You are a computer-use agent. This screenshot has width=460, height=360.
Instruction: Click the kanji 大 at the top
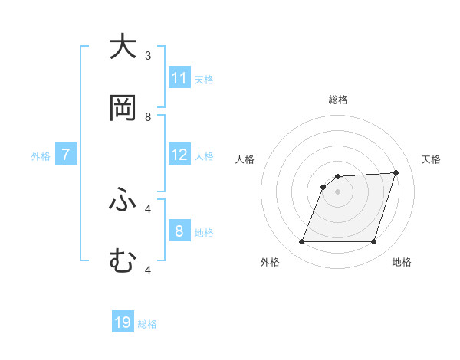pos(123,47)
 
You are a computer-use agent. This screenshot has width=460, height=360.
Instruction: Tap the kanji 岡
pos(123,108)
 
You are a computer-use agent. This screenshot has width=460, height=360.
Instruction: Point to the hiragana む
pos(123,261)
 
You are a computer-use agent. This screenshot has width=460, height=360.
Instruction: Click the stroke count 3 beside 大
pos(148,56)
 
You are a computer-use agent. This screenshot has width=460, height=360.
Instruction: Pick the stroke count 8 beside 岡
pos(148,117)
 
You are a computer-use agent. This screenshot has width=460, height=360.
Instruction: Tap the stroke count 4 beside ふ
pos(148,208)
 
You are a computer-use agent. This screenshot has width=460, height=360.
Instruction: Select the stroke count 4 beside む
pos(148,270)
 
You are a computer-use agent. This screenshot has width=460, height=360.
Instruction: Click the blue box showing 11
pos(179,78)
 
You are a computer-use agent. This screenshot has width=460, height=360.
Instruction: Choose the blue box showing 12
pos(179,155)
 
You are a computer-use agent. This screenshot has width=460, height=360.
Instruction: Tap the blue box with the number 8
pos(179,231)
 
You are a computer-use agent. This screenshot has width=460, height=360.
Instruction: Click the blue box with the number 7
pos(66,155)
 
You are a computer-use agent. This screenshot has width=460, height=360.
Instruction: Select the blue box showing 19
pos(123,322)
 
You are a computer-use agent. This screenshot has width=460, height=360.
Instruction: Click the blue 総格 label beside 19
pos(147,324)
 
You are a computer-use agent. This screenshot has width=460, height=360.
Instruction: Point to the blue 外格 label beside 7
pos(41,156)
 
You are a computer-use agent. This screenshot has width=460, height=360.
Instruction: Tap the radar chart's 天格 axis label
pos(432,159)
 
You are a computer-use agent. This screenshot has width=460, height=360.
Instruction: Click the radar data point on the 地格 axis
pos(373,242)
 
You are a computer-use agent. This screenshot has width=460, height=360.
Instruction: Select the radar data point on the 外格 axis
pos(301,242)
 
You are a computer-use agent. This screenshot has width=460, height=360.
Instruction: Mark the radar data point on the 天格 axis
pos(396,172)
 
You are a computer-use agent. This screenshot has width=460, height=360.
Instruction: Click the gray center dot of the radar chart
pos(337,191)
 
